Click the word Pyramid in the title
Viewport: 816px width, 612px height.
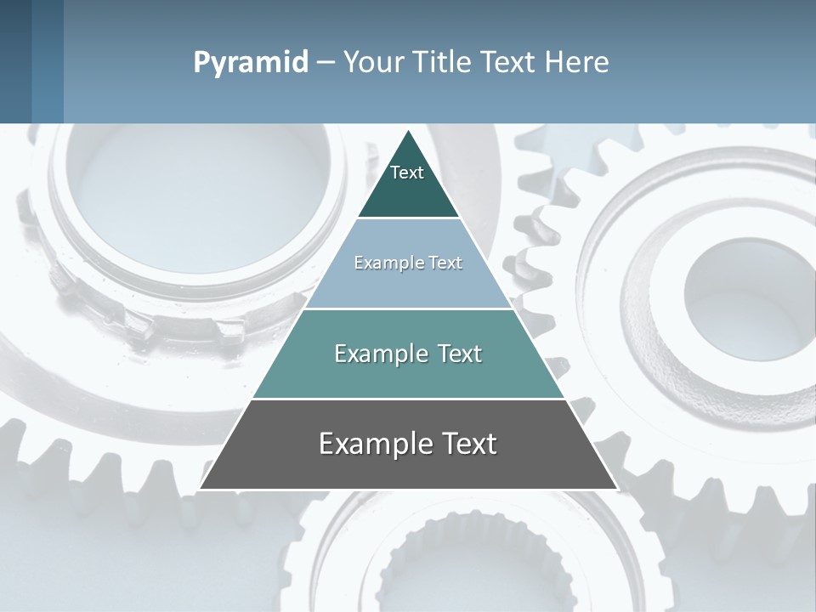[251, 63]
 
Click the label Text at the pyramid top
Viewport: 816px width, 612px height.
[407, 173]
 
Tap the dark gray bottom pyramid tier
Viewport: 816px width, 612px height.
[408, 467]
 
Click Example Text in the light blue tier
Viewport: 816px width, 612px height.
[408, 263]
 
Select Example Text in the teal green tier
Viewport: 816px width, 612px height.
[408, 354]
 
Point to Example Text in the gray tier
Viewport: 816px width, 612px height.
[408, 444]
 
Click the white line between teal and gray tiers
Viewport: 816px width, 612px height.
[408, 399]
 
